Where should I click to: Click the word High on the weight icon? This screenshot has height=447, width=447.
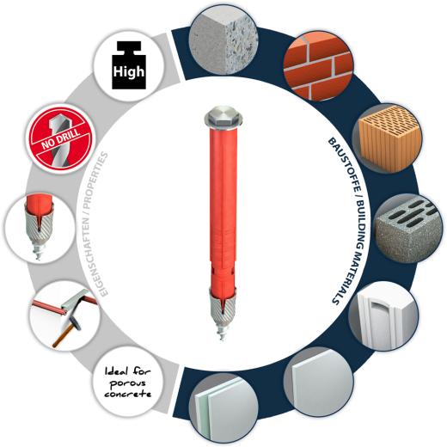click(x=129, y=71)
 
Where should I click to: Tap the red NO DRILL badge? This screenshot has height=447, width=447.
click(x=60, y=138)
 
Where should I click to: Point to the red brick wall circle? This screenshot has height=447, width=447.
click(x=318, y=66)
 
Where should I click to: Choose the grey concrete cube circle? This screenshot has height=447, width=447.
click(x=223, y=41)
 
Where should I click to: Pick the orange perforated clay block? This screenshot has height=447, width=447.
click(x=387, y=138)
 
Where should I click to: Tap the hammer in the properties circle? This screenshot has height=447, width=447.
click(x=66, y=333)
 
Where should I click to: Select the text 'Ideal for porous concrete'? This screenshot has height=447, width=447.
click(x=127, y=383)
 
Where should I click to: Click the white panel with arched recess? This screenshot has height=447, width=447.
click(x=384, y=316)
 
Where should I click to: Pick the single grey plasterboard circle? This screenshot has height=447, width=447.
click(x=318, y=382)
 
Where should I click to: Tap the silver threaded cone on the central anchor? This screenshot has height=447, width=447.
click(x=223, y=308)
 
